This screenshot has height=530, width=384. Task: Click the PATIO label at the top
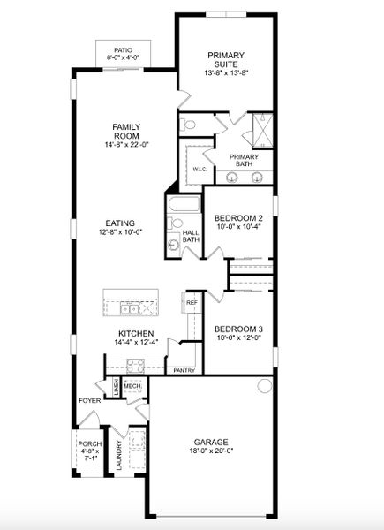[x=123, y=51]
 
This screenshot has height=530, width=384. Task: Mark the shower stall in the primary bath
[x=261, y=130]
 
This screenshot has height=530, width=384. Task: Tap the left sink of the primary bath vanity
[x=231, y=176]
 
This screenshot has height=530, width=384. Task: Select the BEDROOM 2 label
[x=238, y=217]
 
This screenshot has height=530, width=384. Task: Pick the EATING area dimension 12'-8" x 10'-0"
[x=120, y=232]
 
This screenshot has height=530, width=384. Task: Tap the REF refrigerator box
[x=192, y=303]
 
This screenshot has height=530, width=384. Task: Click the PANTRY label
[x=184, y=371]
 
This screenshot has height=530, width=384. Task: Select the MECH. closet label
[x=132, y=386]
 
